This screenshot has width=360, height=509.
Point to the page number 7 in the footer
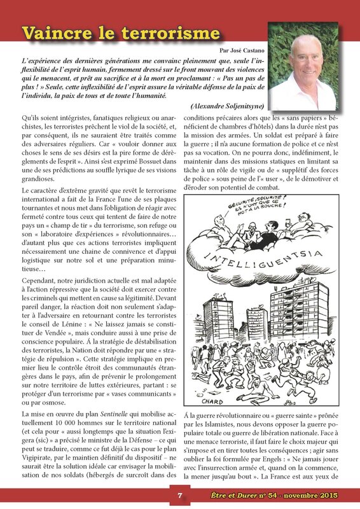[x=180, y=496]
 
